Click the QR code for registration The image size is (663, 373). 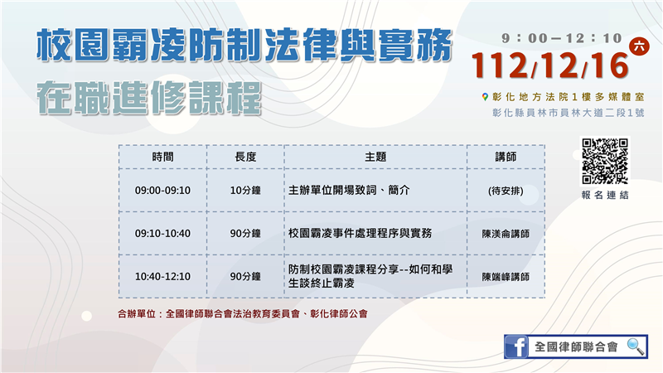[x=605, y=161]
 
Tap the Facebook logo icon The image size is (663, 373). [x=516, y=346]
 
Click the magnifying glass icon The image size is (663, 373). [x=636, y=346]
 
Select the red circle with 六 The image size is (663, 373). [x=639, y=46]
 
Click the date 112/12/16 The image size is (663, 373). [x=549, y=65]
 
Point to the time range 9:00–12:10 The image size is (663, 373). [x=562, y=38]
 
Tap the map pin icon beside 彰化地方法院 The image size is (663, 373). [x=485, y=97]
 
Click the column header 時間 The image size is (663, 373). [x=162, y=157]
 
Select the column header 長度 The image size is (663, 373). [x=245, y=157]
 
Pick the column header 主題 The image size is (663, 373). [x=375, y=157]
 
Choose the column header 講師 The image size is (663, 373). [x=506, y=157]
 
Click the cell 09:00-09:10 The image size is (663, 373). [x=162, y=191]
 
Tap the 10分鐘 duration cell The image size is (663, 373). [x=245, y=191]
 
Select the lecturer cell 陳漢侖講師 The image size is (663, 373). [x=506, y=234]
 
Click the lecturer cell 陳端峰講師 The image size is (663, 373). [x=506, y=277]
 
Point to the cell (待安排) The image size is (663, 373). [x=506, y=191]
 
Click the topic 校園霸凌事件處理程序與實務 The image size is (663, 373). [x=360, y=233]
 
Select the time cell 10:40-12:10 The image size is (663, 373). [x=162, y=277]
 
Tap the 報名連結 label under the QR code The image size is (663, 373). [x=605, y=195]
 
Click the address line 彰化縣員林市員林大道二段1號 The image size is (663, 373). [x=569, y=113]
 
